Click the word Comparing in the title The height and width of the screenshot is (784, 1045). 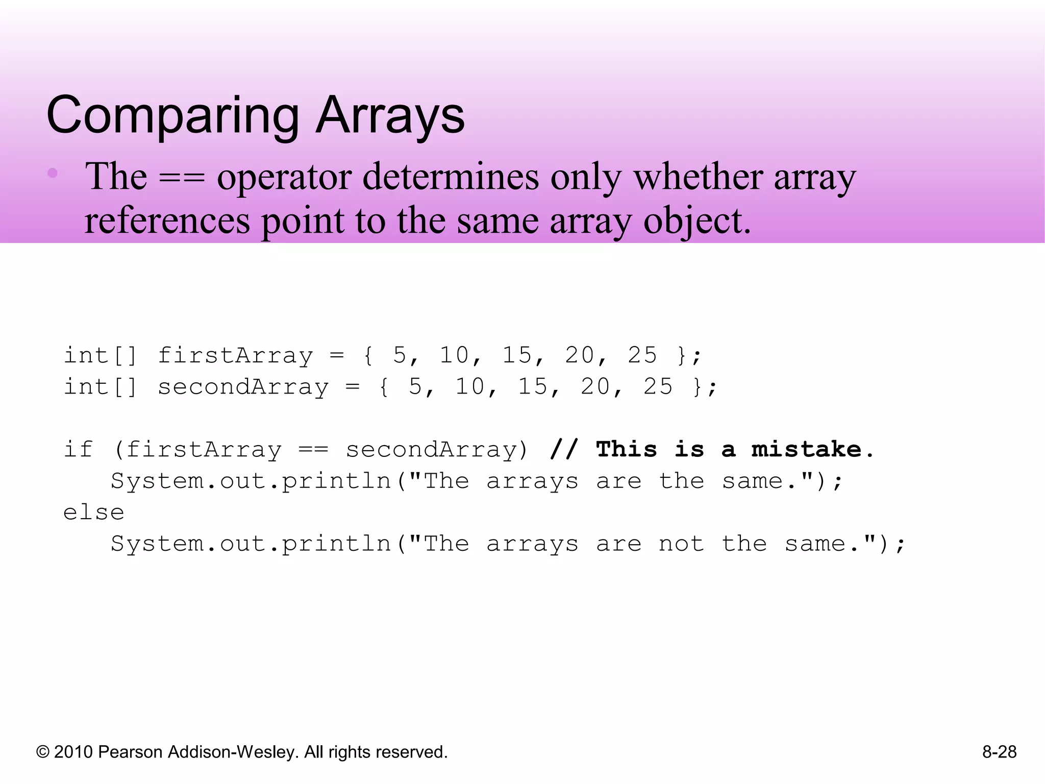pos(172,116)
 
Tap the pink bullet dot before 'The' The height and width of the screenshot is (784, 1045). pos(53,173)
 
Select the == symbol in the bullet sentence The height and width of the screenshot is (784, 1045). pos(182,177)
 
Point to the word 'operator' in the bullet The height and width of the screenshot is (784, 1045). pos(284,177)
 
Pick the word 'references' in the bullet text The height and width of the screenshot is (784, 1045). pos(167,221)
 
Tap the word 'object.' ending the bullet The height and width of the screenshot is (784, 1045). pos(697,221)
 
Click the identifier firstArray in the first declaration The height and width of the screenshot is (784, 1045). pos(235,355)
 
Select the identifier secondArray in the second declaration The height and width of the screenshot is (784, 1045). pos(243,387)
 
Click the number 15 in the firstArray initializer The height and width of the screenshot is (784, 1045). pos(517,355)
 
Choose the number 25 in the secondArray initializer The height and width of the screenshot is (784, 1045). pos(658,387)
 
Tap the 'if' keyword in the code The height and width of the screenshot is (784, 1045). pos(78,450)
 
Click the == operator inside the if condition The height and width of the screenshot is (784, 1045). pos(313,450)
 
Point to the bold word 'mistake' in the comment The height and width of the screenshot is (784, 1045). pos(806,450)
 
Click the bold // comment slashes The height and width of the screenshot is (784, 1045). pos(564,450)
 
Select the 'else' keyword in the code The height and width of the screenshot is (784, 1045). pos(94,512)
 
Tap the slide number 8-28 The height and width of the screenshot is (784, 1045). pos(999,752)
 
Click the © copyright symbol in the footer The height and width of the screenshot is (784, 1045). pos(43,752)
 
